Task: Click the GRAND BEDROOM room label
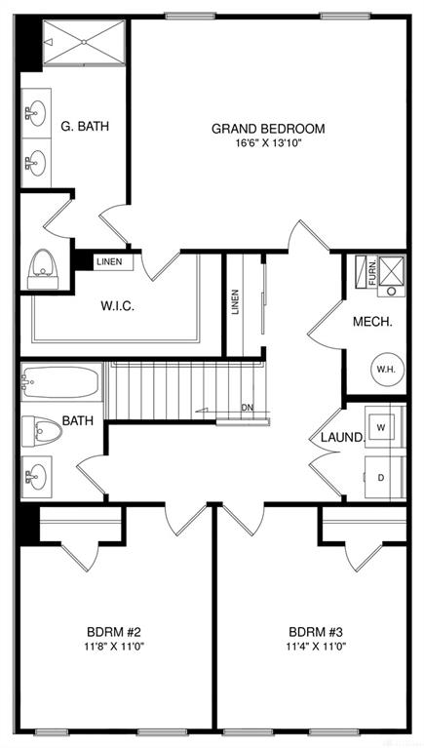[268, 129]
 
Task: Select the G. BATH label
[85, 127]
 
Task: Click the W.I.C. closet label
[117, 306]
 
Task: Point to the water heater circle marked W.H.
[387, 370]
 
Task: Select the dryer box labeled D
[381, 478]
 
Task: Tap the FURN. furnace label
[373, 272]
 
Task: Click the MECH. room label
[372, 322]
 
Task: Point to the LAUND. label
[342, 437]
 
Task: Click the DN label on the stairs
[247, 408]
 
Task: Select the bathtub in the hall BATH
[61, 381]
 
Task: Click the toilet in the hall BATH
[42, 431]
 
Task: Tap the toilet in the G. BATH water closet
[43, 269]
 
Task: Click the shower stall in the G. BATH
[84, 42]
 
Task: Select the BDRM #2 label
[113, 633]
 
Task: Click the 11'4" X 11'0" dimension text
[317, 647]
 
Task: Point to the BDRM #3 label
[316, 633]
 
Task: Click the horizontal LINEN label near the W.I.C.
[109, 261]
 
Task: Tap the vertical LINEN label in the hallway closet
[235, 302]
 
